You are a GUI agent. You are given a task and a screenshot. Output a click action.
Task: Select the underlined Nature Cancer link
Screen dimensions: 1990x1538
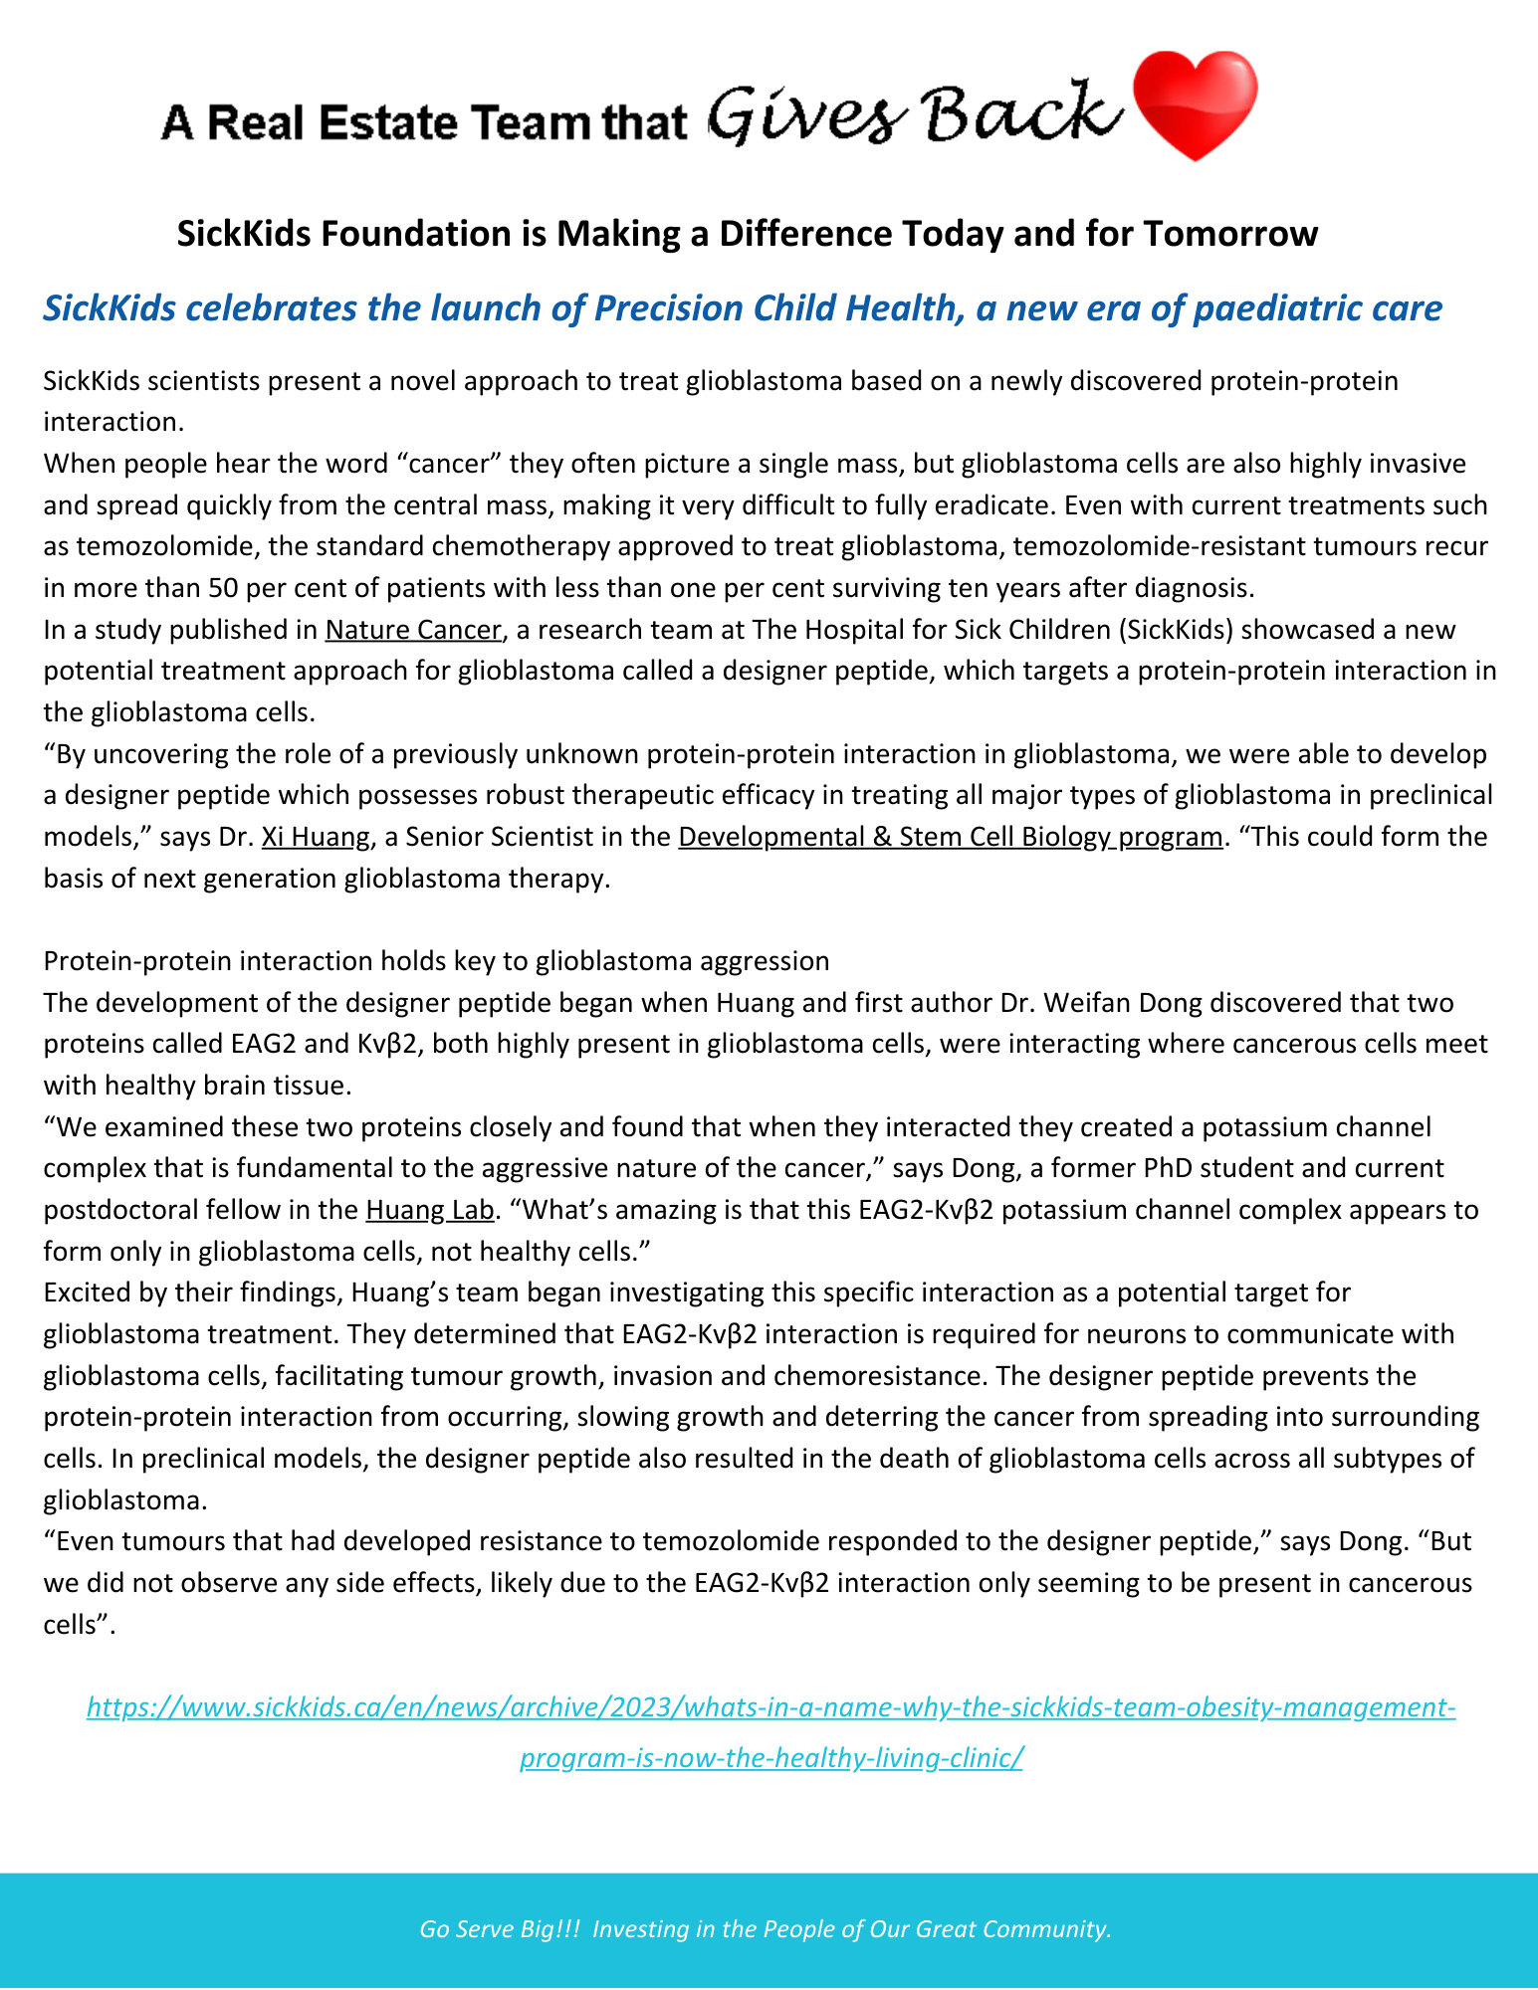[412, 630]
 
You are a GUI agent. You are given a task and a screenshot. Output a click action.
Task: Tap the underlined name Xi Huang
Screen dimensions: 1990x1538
[316, 837]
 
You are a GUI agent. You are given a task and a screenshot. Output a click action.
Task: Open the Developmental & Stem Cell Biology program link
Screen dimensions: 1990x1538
[950, 837]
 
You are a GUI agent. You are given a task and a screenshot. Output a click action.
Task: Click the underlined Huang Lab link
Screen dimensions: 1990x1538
[430, 1210]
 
